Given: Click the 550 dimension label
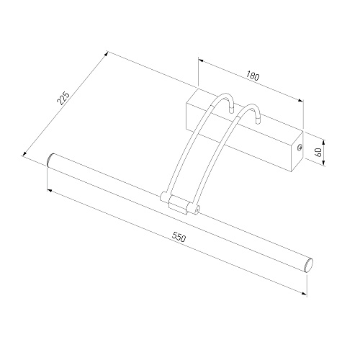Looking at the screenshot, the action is click(x=179, y=237).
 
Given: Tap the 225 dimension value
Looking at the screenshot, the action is click(x=63, y=98).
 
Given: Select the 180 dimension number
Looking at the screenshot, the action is click(x=253, y=76).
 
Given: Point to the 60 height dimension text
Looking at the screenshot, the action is click(x=319, y=153).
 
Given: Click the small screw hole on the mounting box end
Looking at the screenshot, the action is click(x=299, y=148).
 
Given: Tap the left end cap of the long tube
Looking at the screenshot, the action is click(x=50, y=159).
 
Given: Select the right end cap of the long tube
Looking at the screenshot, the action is click(x=309, y=265).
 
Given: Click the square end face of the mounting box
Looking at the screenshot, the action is click(x=297, y=151).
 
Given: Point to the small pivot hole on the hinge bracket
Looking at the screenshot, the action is click(x=197, y=210).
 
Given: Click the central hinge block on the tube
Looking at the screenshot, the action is click(x=178, y=204).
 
